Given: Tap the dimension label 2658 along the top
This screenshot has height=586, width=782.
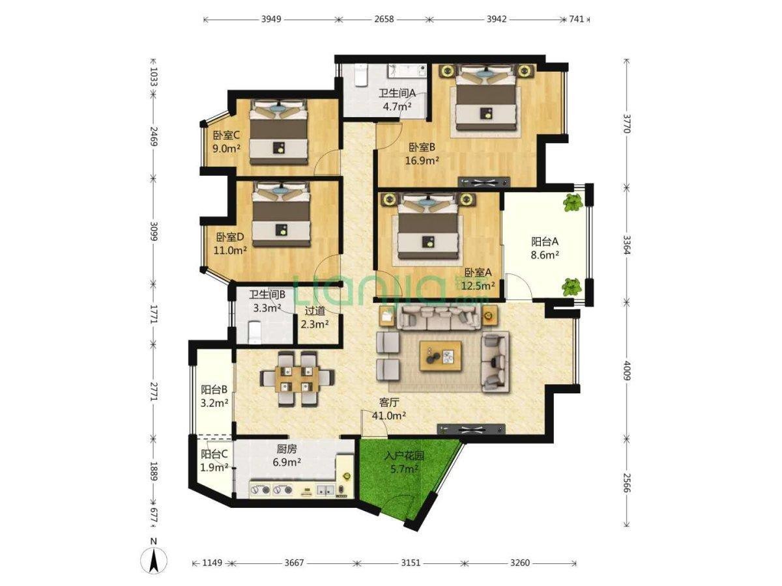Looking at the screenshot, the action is pos(384,19).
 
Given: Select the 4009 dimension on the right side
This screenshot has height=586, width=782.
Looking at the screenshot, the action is pos(628,370).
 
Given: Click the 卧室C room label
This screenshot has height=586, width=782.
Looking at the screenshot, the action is pos(226,135).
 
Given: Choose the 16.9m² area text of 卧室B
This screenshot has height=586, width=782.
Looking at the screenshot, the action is pos(422,161).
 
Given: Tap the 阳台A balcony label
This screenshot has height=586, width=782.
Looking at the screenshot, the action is pos(545,242).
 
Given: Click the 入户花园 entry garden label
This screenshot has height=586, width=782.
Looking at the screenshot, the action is pos(404,455).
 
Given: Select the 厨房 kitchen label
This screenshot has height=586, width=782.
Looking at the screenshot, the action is pos(287,449).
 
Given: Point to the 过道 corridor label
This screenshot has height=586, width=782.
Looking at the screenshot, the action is pos(315,311).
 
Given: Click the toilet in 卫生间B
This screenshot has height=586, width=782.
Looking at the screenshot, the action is pos(255,332).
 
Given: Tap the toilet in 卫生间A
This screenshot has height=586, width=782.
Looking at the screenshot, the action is pos(360,75).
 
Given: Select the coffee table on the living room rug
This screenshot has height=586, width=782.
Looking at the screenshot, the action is pos(441,356).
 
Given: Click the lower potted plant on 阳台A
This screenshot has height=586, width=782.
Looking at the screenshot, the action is pos(572,286).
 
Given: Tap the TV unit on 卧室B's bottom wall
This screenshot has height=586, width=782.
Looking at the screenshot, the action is pos(484,182).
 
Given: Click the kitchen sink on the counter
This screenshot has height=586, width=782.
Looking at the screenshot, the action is pos(325,490).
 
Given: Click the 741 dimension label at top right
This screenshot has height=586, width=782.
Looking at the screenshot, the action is pos(577,19).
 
